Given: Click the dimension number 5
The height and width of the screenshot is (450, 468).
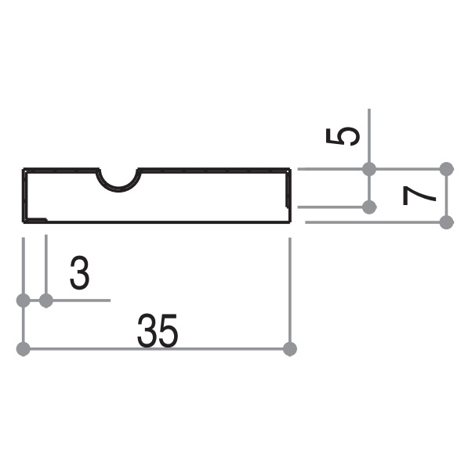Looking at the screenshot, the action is click(x=343, y=136).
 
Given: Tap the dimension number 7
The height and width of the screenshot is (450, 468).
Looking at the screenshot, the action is click(x=419, y=196).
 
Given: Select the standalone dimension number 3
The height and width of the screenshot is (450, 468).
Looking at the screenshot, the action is click(x=79, y=272).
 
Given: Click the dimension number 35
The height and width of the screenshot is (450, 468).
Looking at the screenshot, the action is click(x=158, y=330).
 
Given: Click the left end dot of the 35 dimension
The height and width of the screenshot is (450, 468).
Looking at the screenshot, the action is click(x=24, y=349).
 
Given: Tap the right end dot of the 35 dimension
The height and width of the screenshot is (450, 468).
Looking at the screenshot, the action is click(x=289, y=349).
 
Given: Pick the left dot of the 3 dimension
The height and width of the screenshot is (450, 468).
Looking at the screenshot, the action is click(x=24, y=301).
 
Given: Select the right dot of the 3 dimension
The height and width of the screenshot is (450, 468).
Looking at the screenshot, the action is click(x=46, y=301).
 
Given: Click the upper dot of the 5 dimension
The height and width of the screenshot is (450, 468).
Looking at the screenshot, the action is click(x=369, y=169).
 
